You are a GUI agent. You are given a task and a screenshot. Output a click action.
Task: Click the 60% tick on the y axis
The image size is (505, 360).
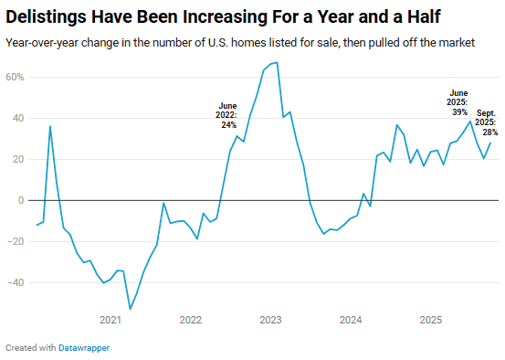[15, 77]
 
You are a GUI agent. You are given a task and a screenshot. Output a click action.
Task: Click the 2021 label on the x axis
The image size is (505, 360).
[110, 320]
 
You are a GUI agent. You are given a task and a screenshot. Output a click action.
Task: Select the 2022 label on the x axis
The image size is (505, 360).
[190, 320]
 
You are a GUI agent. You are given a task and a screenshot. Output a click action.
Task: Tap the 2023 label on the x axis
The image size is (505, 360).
[270, 320]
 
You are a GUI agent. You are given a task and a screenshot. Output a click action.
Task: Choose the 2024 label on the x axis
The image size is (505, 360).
[351, 320]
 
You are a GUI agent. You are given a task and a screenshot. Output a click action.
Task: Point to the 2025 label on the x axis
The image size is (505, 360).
[431, 320]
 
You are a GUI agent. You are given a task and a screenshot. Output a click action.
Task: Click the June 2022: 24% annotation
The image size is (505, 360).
[226, 115]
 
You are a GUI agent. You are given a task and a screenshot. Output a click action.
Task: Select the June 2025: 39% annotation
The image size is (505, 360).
[458, 101]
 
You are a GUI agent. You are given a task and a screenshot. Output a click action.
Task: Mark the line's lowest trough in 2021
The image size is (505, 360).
[130, 309]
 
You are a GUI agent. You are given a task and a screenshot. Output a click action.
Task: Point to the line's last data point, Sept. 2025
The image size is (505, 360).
[491, 142]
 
